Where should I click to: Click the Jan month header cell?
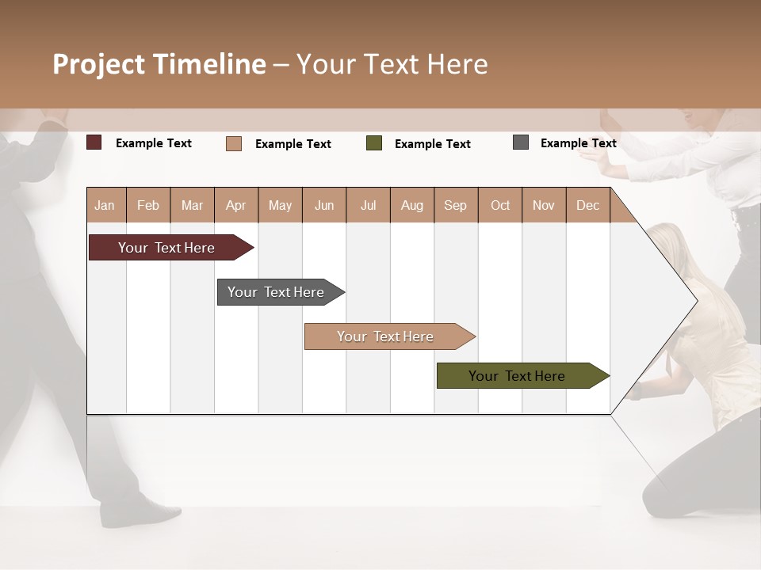pos(105,205)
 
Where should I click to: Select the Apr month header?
pos(236,205)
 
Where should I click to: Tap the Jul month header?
pos(368,205)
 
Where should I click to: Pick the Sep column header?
pos(455,205)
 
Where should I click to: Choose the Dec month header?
pos(587,205)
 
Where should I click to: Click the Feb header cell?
pos(148,205)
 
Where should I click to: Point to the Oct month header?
pos(500,205)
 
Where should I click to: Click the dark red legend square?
pos(94,142)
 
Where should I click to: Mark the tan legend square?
pos(234,143)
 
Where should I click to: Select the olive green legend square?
pos(374,143)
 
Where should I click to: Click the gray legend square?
pos(521,142)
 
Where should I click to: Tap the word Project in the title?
pos(98,64)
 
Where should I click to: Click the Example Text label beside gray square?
pos(578,143)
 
